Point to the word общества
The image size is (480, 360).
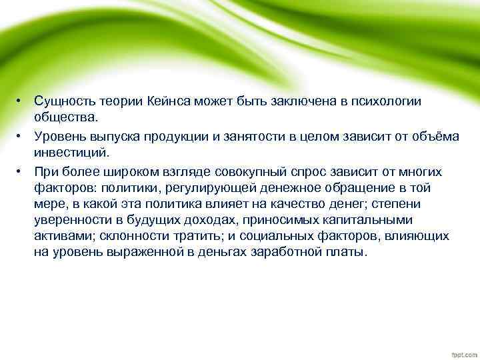click(x=66, y=117)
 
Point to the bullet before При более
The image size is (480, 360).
click(x=21, y=171)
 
